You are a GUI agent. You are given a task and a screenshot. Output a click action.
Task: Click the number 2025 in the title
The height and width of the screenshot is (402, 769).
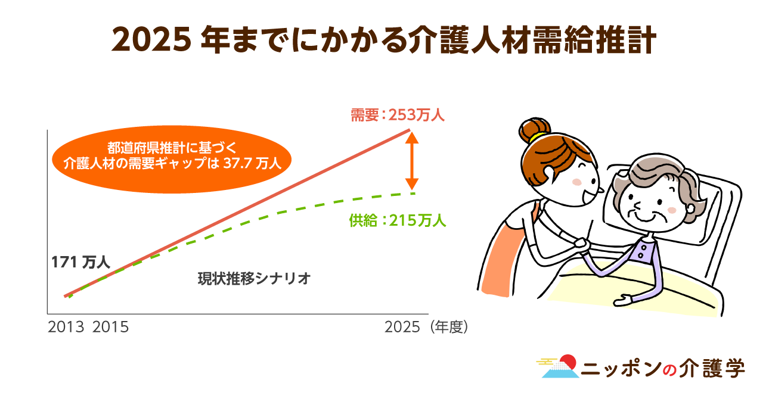151,40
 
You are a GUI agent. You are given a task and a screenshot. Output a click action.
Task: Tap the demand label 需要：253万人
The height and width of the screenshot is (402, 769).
398,115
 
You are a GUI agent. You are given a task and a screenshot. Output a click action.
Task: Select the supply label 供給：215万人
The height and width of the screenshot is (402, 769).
398,220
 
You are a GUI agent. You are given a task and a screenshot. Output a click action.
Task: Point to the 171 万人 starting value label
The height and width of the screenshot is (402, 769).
80,263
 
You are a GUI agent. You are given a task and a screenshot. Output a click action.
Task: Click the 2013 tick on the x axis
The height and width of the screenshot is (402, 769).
66,327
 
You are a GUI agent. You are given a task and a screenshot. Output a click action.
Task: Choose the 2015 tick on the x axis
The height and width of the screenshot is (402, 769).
110,327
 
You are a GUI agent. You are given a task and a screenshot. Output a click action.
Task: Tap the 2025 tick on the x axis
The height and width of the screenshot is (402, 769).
402,327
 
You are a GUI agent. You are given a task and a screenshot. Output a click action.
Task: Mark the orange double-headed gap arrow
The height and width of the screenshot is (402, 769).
412,161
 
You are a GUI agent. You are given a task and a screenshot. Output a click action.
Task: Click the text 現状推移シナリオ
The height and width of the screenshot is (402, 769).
255,279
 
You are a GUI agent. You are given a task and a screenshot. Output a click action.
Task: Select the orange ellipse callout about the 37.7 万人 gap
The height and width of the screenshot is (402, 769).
172,160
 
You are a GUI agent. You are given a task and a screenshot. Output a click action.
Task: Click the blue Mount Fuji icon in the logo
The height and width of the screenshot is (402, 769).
560,370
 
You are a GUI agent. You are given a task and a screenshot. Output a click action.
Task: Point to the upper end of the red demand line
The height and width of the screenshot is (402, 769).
410,130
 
